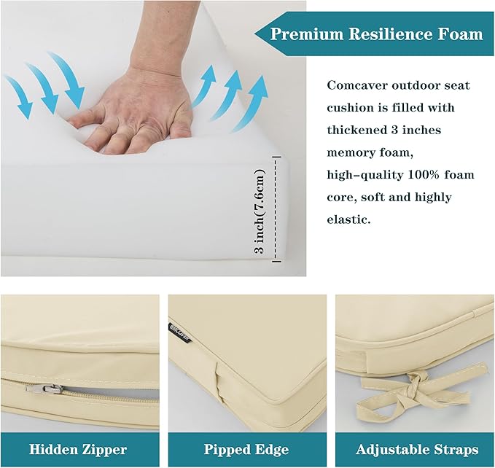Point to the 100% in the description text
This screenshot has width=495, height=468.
(424, 174)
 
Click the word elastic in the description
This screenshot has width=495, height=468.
(348, 219)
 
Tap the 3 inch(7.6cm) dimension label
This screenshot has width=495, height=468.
(260, 211)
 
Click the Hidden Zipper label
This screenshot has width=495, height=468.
(78, 449)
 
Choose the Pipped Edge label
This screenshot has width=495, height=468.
(246, 449)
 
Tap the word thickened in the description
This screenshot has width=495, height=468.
(356, 130)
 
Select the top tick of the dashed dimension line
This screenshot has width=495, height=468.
(276, 157)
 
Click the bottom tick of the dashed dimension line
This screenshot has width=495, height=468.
(276, 261)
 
